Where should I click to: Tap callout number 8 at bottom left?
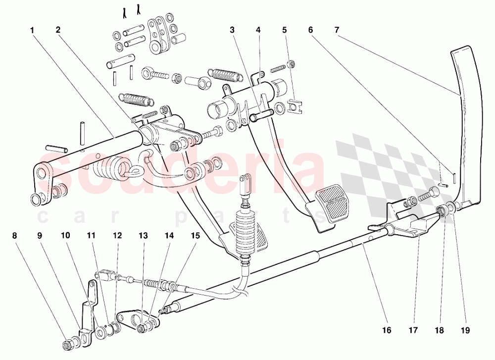click(14, 236)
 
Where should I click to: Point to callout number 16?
click(387, 330)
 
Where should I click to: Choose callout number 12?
click(117, 236)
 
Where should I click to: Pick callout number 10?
click(65, 236)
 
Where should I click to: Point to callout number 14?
click(169, 236)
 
